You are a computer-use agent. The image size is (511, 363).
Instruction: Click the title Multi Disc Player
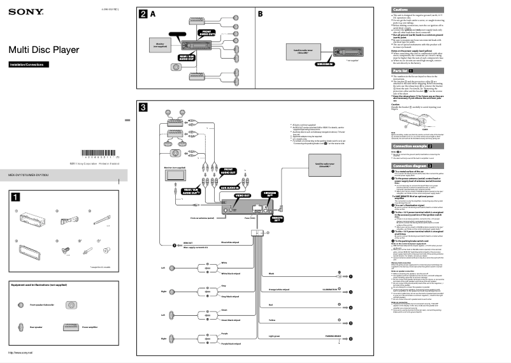44,49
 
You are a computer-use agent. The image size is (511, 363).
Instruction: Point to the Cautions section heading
399,9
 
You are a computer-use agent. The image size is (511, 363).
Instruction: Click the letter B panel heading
261,13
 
